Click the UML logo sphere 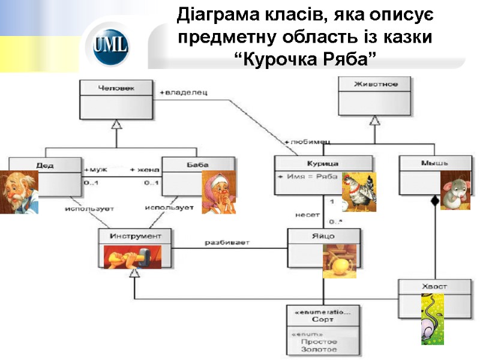pyautogui.click(x=111, y=46)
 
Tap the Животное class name pyautogui.click(x=375, y=84)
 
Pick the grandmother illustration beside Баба pyautogui.click(x=218, y=192)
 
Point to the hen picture pyautogui.click(x=359, y=192)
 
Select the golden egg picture pyautogui.click(x=340, y=261)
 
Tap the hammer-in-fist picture pyautogui.click(x=133, y=257)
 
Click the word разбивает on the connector pyautogui.click(x=227, y=243)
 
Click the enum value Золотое pyautogui.click(x=319, y=349)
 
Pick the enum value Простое pyautogui.click(x=319, y=341)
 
